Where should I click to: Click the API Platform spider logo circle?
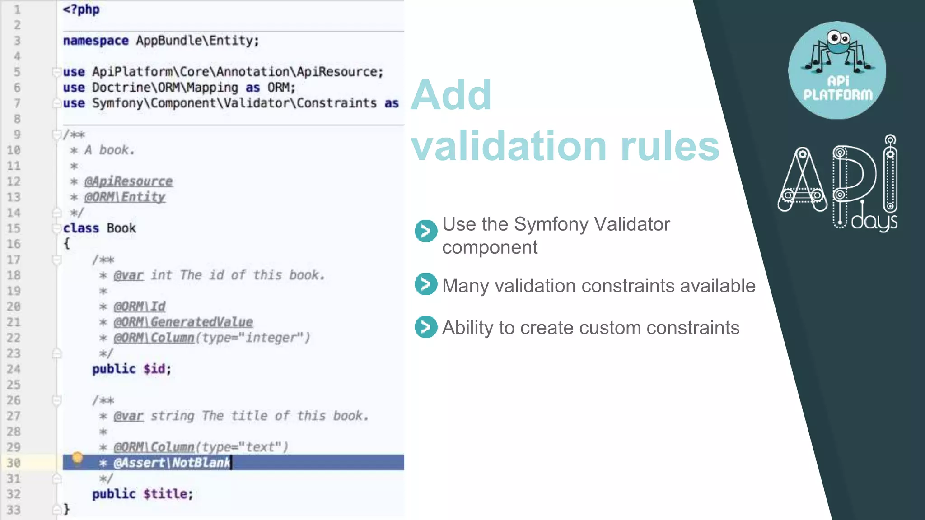pos(837,70)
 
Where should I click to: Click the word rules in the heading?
pos(670,146)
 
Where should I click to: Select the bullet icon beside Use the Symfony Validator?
pos(425,231)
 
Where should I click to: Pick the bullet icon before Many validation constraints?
pos(425,284)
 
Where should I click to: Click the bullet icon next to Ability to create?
pos(425,327)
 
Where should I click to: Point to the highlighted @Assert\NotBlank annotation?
pos(172,463)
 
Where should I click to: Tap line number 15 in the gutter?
pos(14,228)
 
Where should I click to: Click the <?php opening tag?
pos(81,9)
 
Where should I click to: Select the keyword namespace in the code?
pos(96,41)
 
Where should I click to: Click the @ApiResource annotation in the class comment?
pos(128,181)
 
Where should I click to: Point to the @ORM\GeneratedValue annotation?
pos(183,322)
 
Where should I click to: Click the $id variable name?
pos(154,369)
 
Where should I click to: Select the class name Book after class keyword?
pos(121,228)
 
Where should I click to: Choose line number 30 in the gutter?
pos(14,463)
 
